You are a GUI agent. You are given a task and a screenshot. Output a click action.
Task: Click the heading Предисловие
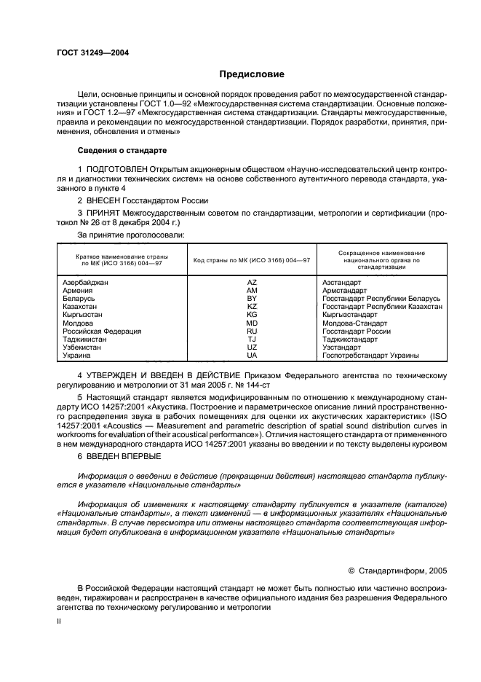(x=252, y=74)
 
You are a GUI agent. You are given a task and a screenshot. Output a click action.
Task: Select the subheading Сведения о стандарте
(x=122, y=150)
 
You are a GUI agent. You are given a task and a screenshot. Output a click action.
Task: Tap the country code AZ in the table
(x=252, y=281)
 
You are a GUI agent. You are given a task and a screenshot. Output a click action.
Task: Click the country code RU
(x=252, y=331)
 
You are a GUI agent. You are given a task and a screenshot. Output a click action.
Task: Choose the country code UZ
(x=252, y=348)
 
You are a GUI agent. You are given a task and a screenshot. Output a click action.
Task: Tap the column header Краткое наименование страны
(x=122, y=256)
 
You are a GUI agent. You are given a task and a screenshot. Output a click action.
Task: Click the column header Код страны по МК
(x=251, y=261)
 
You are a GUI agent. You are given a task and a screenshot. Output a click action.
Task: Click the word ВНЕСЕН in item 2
(x=106, y=200)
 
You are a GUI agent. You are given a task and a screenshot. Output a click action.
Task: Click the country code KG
(x=252, y=315)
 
